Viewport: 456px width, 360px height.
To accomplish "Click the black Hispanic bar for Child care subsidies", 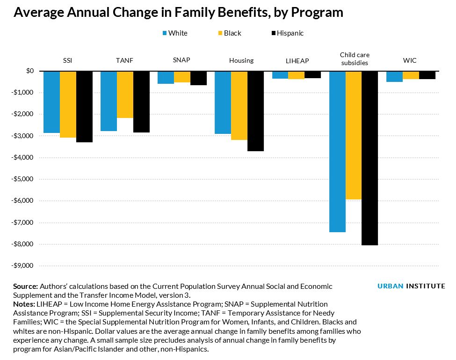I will coord(369,158).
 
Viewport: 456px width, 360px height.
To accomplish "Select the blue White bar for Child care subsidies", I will coord(337,151).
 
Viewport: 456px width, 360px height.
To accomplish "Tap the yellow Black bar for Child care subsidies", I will coord(354,135).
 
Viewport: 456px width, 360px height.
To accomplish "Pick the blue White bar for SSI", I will coord(51,102).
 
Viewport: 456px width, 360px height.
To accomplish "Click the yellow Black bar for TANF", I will coord(125,95).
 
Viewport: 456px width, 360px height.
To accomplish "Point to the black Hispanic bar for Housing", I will coord(255,111).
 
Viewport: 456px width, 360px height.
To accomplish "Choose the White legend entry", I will coord(174,33).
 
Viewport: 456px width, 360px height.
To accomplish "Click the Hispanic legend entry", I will coord(287,33).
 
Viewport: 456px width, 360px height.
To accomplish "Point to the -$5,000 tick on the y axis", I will coord(24,179).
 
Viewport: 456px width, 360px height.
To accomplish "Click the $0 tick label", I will coord(30,71).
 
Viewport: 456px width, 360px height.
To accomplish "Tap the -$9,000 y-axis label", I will coord(24,266).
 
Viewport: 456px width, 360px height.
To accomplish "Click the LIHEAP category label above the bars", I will coord(297,61).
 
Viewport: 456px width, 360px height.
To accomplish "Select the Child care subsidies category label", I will coord(354,59).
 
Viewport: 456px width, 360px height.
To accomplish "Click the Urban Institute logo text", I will coord(411,286).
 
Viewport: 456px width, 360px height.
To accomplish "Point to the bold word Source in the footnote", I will coord(25,286).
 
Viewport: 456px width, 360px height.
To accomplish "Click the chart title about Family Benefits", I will coord(178,13).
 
